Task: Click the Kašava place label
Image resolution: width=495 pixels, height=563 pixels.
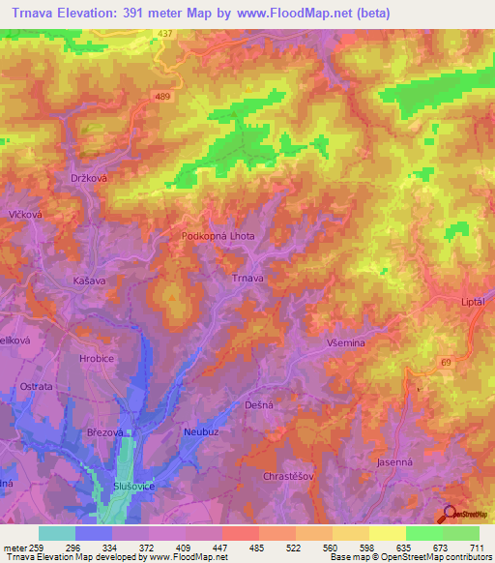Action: [89, 279]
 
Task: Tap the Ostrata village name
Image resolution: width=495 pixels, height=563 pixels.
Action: [36, 386]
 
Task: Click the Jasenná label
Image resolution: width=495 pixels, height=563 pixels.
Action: [393, 463]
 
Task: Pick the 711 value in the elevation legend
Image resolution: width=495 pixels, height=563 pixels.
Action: [476, 547]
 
